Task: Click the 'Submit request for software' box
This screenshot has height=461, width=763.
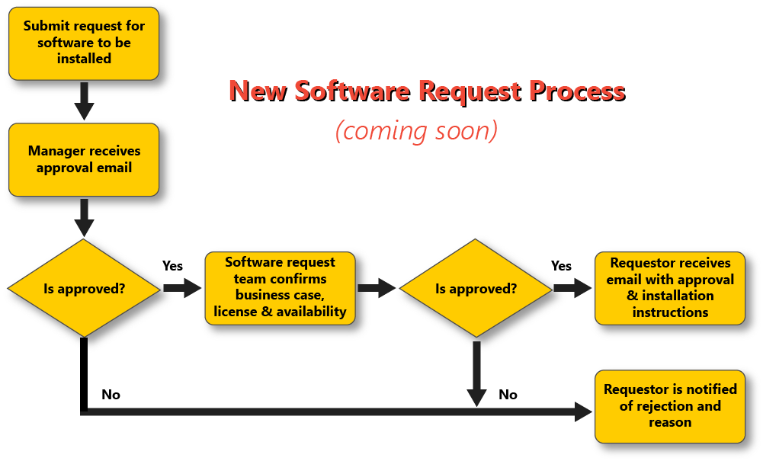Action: [x=84, y=43]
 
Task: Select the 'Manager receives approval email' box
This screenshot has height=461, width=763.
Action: [x=84, y=160]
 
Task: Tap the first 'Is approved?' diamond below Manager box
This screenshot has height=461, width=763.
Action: [x=84, y=289]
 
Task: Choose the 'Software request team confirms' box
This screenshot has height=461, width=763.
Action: [x=280, y=287]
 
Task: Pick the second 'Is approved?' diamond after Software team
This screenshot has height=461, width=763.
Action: [x=476, y=289]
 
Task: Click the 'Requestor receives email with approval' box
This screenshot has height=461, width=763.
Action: [x=670, y=287]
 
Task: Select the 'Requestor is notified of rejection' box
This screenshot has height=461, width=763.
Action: [x=670, y=405]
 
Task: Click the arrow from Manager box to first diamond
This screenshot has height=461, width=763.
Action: [x=84, y=217]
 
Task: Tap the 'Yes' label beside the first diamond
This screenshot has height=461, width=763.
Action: [x=173, y=266]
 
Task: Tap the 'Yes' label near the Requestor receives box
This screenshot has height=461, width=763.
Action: [x=561, y=266]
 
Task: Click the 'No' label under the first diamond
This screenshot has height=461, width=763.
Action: [x=111, y=395]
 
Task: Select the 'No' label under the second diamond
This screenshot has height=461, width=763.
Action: [x=508, y=395]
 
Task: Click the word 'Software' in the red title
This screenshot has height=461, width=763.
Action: [x=351, y=91]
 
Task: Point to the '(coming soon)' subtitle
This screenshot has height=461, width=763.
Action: [x=416, y=130]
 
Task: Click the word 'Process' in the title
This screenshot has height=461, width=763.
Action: [x=577, y=91]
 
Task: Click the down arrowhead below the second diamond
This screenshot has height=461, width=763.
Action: [x=476, y=397]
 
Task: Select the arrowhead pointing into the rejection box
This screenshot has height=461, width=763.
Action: [x=583, y=412]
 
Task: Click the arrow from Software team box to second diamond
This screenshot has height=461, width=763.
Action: [x=377, y=288]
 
